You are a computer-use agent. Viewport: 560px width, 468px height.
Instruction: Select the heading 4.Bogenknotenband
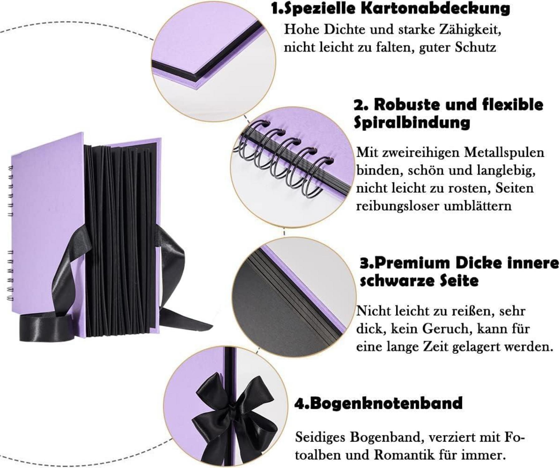click(x=378, y=403)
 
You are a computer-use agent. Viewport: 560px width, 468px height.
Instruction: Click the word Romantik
click(x=404, y=455)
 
